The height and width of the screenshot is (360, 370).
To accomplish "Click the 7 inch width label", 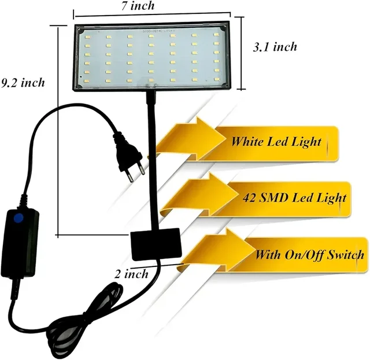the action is (x=138, y=6).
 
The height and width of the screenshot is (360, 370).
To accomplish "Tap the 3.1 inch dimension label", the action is (x=275, y=47).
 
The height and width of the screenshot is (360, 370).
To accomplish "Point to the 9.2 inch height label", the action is (x=23, y=83).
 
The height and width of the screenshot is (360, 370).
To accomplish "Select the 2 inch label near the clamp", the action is (x=132, y=274).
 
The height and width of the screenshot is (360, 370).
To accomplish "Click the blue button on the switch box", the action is (x=18, y=218).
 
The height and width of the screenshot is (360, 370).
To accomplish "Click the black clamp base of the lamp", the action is (x=156, y=244).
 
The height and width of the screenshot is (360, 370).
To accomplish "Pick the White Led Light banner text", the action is (x=276, y=142).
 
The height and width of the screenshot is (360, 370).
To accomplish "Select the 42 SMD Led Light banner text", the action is (x=294, y=198).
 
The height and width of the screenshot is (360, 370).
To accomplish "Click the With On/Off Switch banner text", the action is (x=310, y=255).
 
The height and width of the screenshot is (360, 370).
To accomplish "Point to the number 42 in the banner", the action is (x=249, y=198).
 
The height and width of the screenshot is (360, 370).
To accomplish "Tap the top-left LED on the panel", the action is (x=87, y=37).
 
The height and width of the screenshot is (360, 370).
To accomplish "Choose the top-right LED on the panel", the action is (x=216, y=35).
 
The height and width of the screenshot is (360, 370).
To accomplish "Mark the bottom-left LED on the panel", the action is (x=87, y=81).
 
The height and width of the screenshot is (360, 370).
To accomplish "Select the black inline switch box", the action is (x=20, y=243).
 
